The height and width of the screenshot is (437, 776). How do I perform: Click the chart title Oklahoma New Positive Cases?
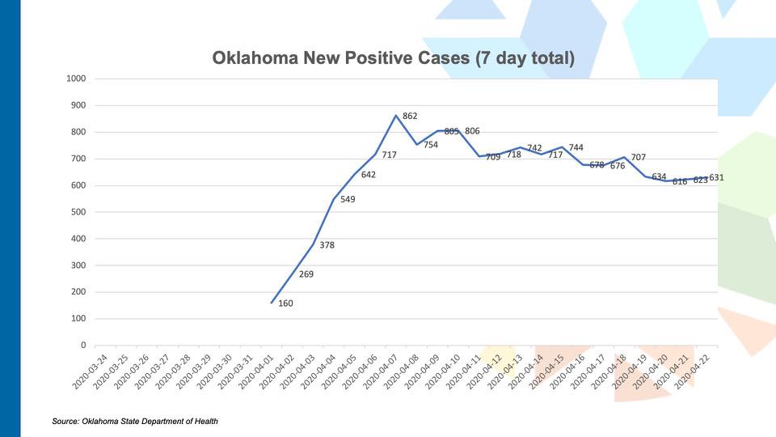(393, 58)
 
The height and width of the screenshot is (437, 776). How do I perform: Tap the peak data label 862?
(410, 117)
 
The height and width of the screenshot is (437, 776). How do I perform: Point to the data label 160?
(285, 304)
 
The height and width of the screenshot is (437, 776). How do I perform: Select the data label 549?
(348, 199)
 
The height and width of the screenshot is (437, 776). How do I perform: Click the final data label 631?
(716, 177)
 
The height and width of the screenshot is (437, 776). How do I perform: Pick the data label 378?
(327, 245)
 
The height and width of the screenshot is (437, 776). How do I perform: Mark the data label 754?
(431, 146)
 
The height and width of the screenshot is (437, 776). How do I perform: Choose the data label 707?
(639, 157)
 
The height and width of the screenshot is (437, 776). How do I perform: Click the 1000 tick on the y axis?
(76, 78)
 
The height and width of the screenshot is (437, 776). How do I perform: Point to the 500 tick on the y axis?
(78, 212)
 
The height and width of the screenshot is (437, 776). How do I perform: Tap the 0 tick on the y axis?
(82, 346)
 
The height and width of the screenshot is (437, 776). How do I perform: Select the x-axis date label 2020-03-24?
(91, 372)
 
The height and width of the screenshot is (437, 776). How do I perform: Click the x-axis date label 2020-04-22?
(697, 372)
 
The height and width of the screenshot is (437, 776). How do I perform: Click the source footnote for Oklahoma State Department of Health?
(135, 421)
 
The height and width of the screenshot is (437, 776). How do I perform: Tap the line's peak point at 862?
(396, 116)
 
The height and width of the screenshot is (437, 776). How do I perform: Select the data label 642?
(369, 175)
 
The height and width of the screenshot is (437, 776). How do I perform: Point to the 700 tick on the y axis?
(78, 159)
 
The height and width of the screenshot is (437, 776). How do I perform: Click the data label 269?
(306, 274)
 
